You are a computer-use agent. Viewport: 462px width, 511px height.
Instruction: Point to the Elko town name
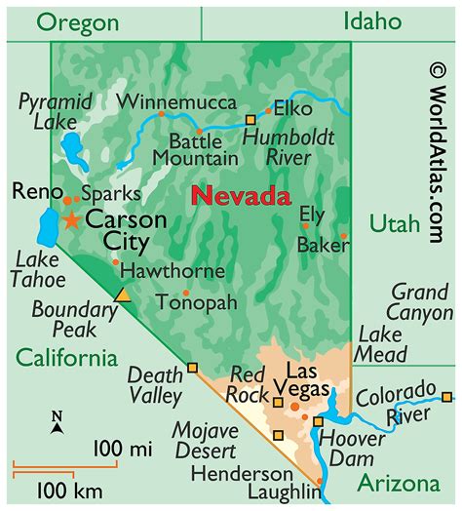pos(292,108)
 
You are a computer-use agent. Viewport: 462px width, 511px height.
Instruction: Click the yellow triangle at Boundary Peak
pos(122,294)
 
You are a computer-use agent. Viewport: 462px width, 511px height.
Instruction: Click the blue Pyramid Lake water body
pos(70,151)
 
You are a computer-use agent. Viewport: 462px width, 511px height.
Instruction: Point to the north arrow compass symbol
pos(58,422)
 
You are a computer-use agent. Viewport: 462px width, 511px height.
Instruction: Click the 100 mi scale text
pos(122,449)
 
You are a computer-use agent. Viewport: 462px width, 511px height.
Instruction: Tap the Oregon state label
pos(74,21)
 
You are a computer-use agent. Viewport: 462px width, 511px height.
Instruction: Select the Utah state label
pos(393,225)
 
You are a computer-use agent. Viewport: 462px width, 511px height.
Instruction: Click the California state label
pos(64,357)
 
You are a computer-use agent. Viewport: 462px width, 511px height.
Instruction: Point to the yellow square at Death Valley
pos(193,368)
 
